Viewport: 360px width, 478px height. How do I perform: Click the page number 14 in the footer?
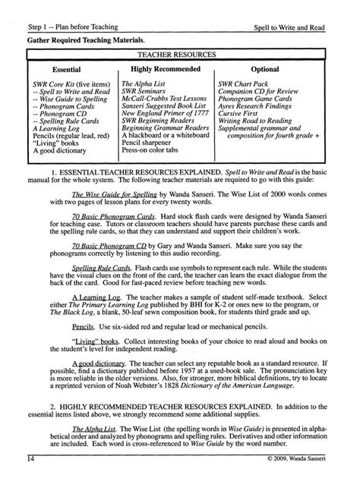pos(30,459)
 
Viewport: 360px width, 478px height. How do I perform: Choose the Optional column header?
pos(264,69)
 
